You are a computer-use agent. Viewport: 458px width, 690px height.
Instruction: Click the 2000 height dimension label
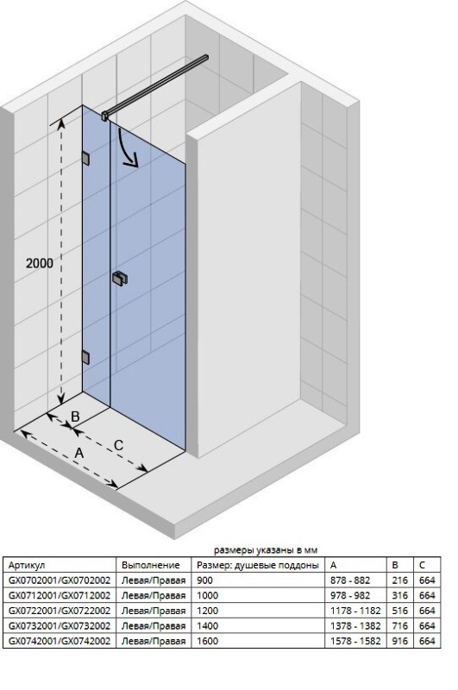tap(39, 263)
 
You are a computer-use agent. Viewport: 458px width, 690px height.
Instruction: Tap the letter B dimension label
tap(75, 417)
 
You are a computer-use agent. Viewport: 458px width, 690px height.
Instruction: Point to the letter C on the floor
tap(118, 445)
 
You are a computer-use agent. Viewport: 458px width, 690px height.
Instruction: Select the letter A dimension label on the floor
tap(78, 453)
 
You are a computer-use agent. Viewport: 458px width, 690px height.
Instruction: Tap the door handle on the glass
tap(120, 279)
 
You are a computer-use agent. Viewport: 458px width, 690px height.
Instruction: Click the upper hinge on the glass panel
tap(85, 159)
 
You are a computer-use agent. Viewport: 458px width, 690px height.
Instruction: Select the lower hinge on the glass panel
tap(85, 357)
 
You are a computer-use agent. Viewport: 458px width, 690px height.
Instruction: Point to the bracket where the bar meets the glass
tap(105, 116)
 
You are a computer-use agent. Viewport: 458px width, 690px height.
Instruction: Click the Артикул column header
tap(27, 565)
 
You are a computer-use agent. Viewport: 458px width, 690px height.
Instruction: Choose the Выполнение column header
tap(150, 565)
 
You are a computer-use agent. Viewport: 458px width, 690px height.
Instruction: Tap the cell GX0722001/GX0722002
tap(60, 611)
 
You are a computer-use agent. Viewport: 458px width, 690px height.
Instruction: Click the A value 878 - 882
tap(350, 580)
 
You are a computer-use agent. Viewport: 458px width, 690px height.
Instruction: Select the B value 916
tap(400, 641)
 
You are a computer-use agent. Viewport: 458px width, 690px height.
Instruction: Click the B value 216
tap(400, 580)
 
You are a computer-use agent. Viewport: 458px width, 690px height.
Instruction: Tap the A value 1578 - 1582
tap(355, 641)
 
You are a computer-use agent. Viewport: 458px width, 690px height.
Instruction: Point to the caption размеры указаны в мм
tap(266, 550)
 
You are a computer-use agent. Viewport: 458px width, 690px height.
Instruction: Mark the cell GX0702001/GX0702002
tap(60, 580)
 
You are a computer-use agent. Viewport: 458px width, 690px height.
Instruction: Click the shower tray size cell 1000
tap(207, 595)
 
